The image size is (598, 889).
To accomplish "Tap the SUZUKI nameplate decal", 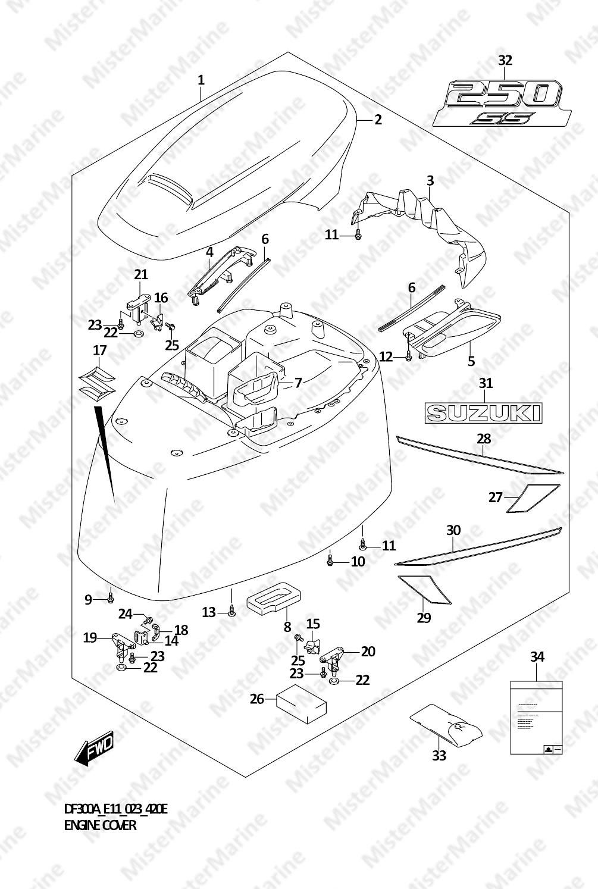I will click(483, 412).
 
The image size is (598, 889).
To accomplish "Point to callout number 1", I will click(201, 80).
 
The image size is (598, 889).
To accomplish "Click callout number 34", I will click(537, 657).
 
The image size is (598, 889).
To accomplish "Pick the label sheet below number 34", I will click(536, 718).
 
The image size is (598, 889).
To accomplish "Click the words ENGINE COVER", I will click(100, 825).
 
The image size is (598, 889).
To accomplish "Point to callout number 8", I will click(287, 626).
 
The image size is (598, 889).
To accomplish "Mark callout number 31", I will click(486, 383).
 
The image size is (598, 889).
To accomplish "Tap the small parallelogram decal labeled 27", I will click(532, 498).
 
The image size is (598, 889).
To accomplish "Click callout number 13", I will click(208, 612).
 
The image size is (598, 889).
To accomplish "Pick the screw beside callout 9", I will click(111, 596).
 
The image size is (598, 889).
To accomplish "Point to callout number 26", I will click(256, 699).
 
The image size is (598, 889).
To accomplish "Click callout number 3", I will click(430, 180).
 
